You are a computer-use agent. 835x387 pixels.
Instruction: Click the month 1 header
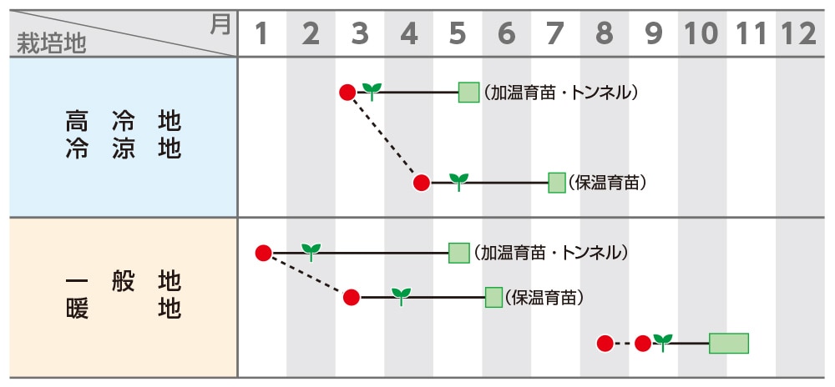(261, 33)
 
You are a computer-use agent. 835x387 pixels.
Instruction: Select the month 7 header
(555, 33)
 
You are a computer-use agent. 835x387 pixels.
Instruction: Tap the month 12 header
(797, 33)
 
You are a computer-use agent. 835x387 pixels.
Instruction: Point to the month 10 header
(701, 33)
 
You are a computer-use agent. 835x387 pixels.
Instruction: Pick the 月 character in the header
(220, 24)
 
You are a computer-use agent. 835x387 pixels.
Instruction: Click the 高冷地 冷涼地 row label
(123, 136)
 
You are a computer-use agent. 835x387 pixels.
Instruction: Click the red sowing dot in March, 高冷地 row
(347, 92)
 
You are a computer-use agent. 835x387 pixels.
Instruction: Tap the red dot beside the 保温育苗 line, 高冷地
(422, 183)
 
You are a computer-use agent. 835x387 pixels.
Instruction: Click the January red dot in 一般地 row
(263, 253)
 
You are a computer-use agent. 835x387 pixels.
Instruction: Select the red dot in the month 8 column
(605, 343)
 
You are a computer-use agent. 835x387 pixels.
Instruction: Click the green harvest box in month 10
(728, 343)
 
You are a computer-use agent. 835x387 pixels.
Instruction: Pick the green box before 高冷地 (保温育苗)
(557, 183)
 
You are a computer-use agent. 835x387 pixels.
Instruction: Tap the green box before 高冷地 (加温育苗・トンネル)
(468, 92)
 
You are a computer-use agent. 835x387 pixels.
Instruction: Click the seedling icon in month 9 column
(663, 341)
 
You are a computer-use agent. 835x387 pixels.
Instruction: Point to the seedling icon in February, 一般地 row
(311, 250)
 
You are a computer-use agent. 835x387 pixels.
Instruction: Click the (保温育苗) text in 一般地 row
(544, 297)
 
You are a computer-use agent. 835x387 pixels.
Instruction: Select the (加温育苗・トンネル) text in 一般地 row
(550, 253)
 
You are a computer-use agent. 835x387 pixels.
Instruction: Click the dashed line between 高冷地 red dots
(384, 137)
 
